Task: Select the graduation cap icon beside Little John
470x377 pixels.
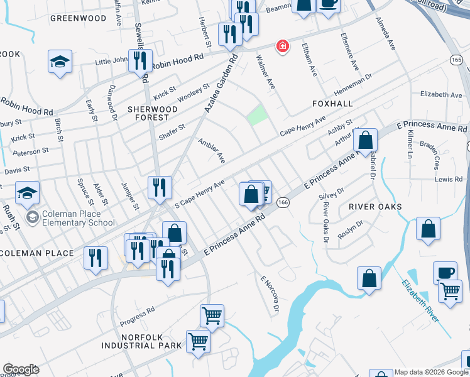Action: click(60, 62)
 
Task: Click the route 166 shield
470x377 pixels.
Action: click(283, 202)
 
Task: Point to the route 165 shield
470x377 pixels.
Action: click(456, 59)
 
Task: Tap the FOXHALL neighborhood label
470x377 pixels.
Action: click(332, 102)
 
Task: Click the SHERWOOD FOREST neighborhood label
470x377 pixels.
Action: click(148, 112)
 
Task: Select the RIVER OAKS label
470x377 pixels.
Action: click(378, 207)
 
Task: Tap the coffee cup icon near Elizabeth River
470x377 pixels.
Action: click(445, 272)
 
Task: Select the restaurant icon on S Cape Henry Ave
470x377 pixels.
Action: click(160, 187)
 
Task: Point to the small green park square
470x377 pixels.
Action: click(256, 116)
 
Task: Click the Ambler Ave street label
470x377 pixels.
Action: click(212, 151)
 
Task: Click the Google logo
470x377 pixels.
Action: click(21, 369)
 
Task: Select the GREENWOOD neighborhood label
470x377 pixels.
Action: click(78, 18)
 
